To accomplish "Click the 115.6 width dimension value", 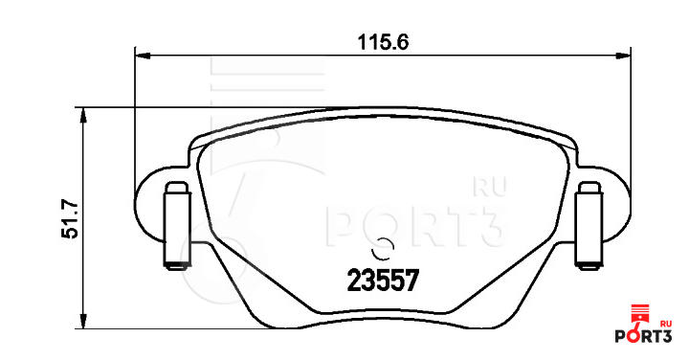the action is [x=383, y=43].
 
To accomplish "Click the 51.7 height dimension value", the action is [x=70, y=219].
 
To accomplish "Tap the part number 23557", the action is [x=382, y=281].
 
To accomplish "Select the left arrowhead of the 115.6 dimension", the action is [x=143, y=56].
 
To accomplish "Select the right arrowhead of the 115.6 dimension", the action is [x=622, y=56].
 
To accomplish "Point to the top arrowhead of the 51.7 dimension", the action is [x=83, y=116].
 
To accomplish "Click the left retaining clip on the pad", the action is [x=178, y=226].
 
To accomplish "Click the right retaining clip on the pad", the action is [x=589, y=226].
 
